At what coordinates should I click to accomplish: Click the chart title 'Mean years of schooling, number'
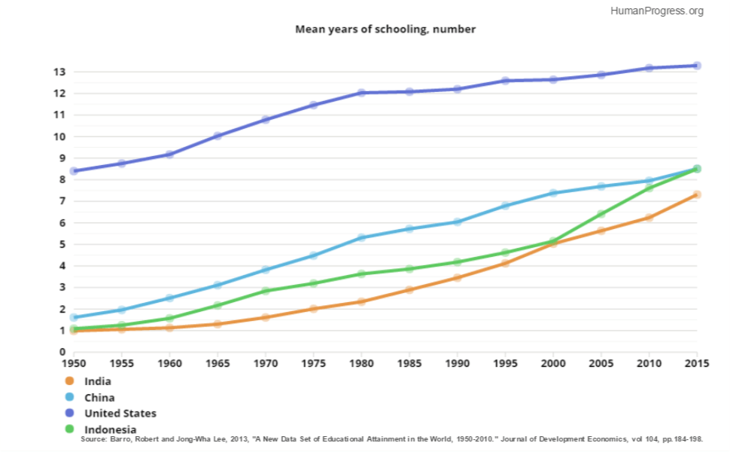point(385,29)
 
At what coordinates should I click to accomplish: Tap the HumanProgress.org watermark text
point(657,11)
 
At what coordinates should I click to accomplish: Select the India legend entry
point(89,381)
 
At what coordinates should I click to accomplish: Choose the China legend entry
point(90,398)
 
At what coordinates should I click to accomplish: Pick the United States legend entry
point(111,414)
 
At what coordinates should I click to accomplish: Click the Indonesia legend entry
point(101,429)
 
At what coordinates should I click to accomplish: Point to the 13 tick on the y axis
point(59,72)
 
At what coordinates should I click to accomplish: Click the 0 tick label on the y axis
point(62,353)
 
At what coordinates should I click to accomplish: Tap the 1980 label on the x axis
point(361,363)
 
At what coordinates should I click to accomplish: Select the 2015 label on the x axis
point(697,363)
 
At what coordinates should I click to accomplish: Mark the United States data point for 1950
point(74,171)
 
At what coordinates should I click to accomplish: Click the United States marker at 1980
point(361,93)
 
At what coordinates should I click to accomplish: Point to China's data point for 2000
point(553,193)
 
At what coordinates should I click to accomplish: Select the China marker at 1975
point(313,255)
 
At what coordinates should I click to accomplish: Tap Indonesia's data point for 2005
point(601,214)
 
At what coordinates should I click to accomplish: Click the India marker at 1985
point(409,290)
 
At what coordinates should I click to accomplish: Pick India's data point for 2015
point(697,195)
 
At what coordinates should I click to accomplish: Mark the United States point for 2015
point(697,66)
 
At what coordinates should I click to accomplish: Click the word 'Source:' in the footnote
point(94,439)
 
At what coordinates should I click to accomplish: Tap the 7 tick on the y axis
point(62,201)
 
